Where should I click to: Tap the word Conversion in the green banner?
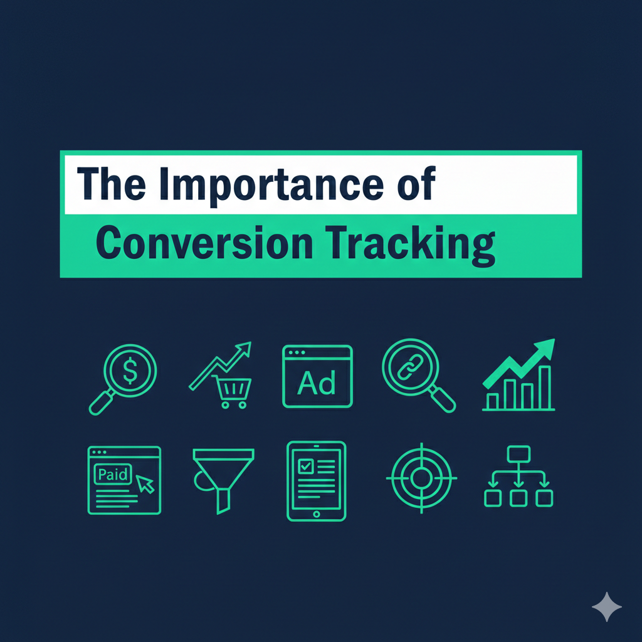click(205, 243)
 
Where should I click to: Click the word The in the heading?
click(112, 184)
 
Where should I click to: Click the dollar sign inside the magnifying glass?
click(130, 370)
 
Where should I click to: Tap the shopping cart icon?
click(232, 392)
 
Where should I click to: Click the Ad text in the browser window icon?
click(317, 383)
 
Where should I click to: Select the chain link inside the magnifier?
click(410, 366)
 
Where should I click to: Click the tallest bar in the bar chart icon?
click(545, 387)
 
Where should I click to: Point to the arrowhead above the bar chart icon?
click(545, 348)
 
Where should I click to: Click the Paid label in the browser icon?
click(113, 474)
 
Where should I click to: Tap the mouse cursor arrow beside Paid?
click(145, 484)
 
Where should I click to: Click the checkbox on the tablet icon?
click(305, 466)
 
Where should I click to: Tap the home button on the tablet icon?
click(316, 514)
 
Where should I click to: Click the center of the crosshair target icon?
click(421, 478)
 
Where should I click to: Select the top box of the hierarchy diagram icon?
click(518, 454)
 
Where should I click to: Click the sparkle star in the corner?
click(607, 607)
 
